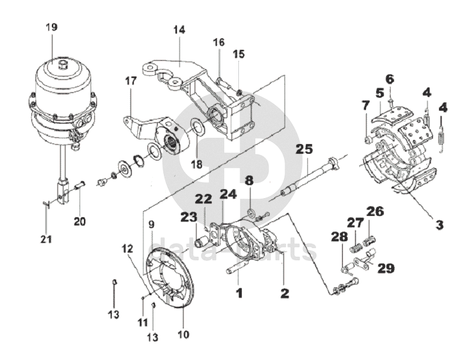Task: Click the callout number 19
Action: tap(52, 27)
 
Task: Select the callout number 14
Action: tap(179, 30)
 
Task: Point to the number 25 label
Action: tap(304, 150)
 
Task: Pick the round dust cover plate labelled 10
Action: tap(169, 278)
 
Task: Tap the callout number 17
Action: tap(131, 81)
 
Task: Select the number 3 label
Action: tap(439, 224)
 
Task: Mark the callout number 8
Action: tap(249, 181)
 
